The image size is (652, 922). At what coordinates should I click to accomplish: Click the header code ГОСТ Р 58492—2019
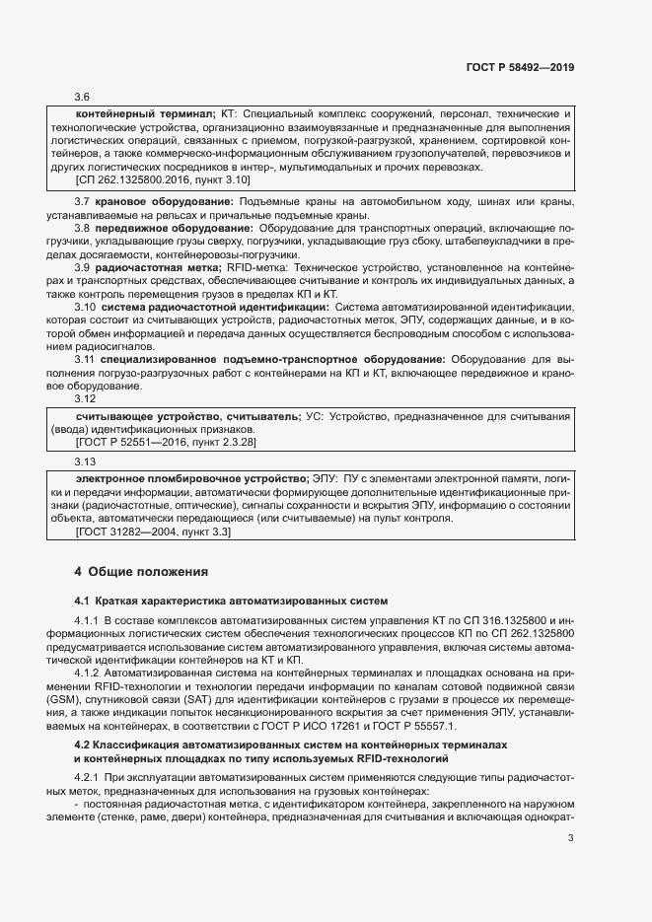(520, 68)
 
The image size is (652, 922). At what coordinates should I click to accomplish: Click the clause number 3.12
(85, 399)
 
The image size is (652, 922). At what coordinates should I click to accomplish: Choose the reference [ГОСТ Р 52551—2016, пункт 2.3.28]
(165, 443)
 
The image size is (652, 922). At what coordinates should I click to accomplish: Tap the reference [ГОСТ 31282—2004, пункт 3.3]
(152, 532)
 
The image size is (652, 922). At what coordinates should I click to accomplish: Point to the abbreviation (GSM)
(67, 698)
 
